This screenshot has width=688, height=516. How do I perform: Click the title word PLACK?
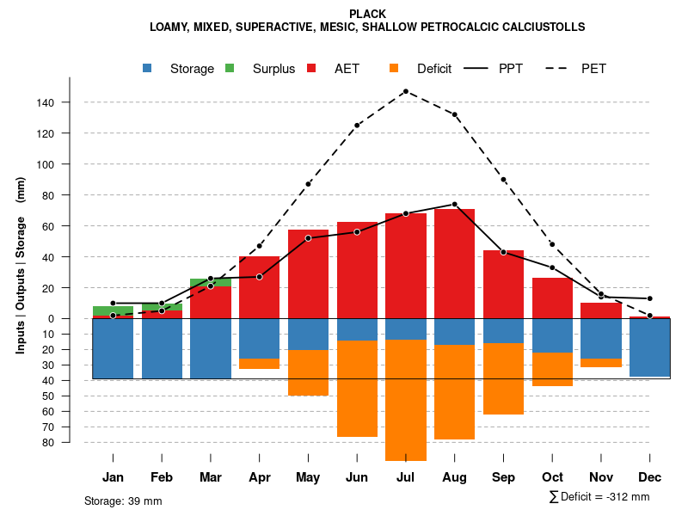(x=368, y=14)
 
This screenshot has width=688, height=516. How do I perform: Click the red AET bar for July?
(x=406, y=266)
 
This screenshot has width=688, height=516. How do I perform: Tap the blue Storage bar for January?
(x=113, y=348)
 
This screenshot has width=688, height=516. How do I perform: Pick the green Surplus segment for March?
(x=211, y=282)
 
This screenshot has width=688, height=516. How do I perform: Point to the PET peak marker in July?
(x=405, y=91)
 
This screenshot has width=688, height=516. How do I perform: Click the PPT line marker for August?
(x=454, y=205)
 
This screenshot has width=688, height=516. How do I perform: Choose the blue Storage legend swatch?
(x=147, y=68)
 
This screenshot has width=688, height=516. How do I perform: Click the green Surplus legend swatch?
(x=230, y=68)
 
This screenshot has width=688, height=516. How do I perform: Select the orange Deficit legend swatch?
(x=394, y=68)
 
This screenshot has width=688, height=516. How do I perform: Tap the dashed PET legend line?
(x=561, y=68)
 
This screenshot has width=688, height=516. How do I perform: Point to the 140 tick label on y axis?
(x=46, y=103)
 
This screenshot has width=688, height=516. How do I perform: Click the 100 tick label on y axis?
(x=46, y=164)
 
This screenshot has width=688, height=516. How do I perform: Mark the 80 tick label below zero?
(x=49, y=442)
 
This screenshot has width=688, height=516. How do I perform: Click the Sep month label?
(x=503, y=477)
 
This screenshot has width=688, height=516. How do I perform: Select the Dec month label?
(x=649, y=477)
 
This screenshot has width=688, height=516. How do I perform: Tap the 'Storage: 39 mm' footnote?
(x=123, y=501)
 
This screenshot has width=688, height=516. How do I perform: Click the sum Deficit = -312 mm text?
(x=599, y=497)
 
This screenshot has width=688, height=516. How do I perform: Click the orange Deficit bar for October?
(x=552, y=369)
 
